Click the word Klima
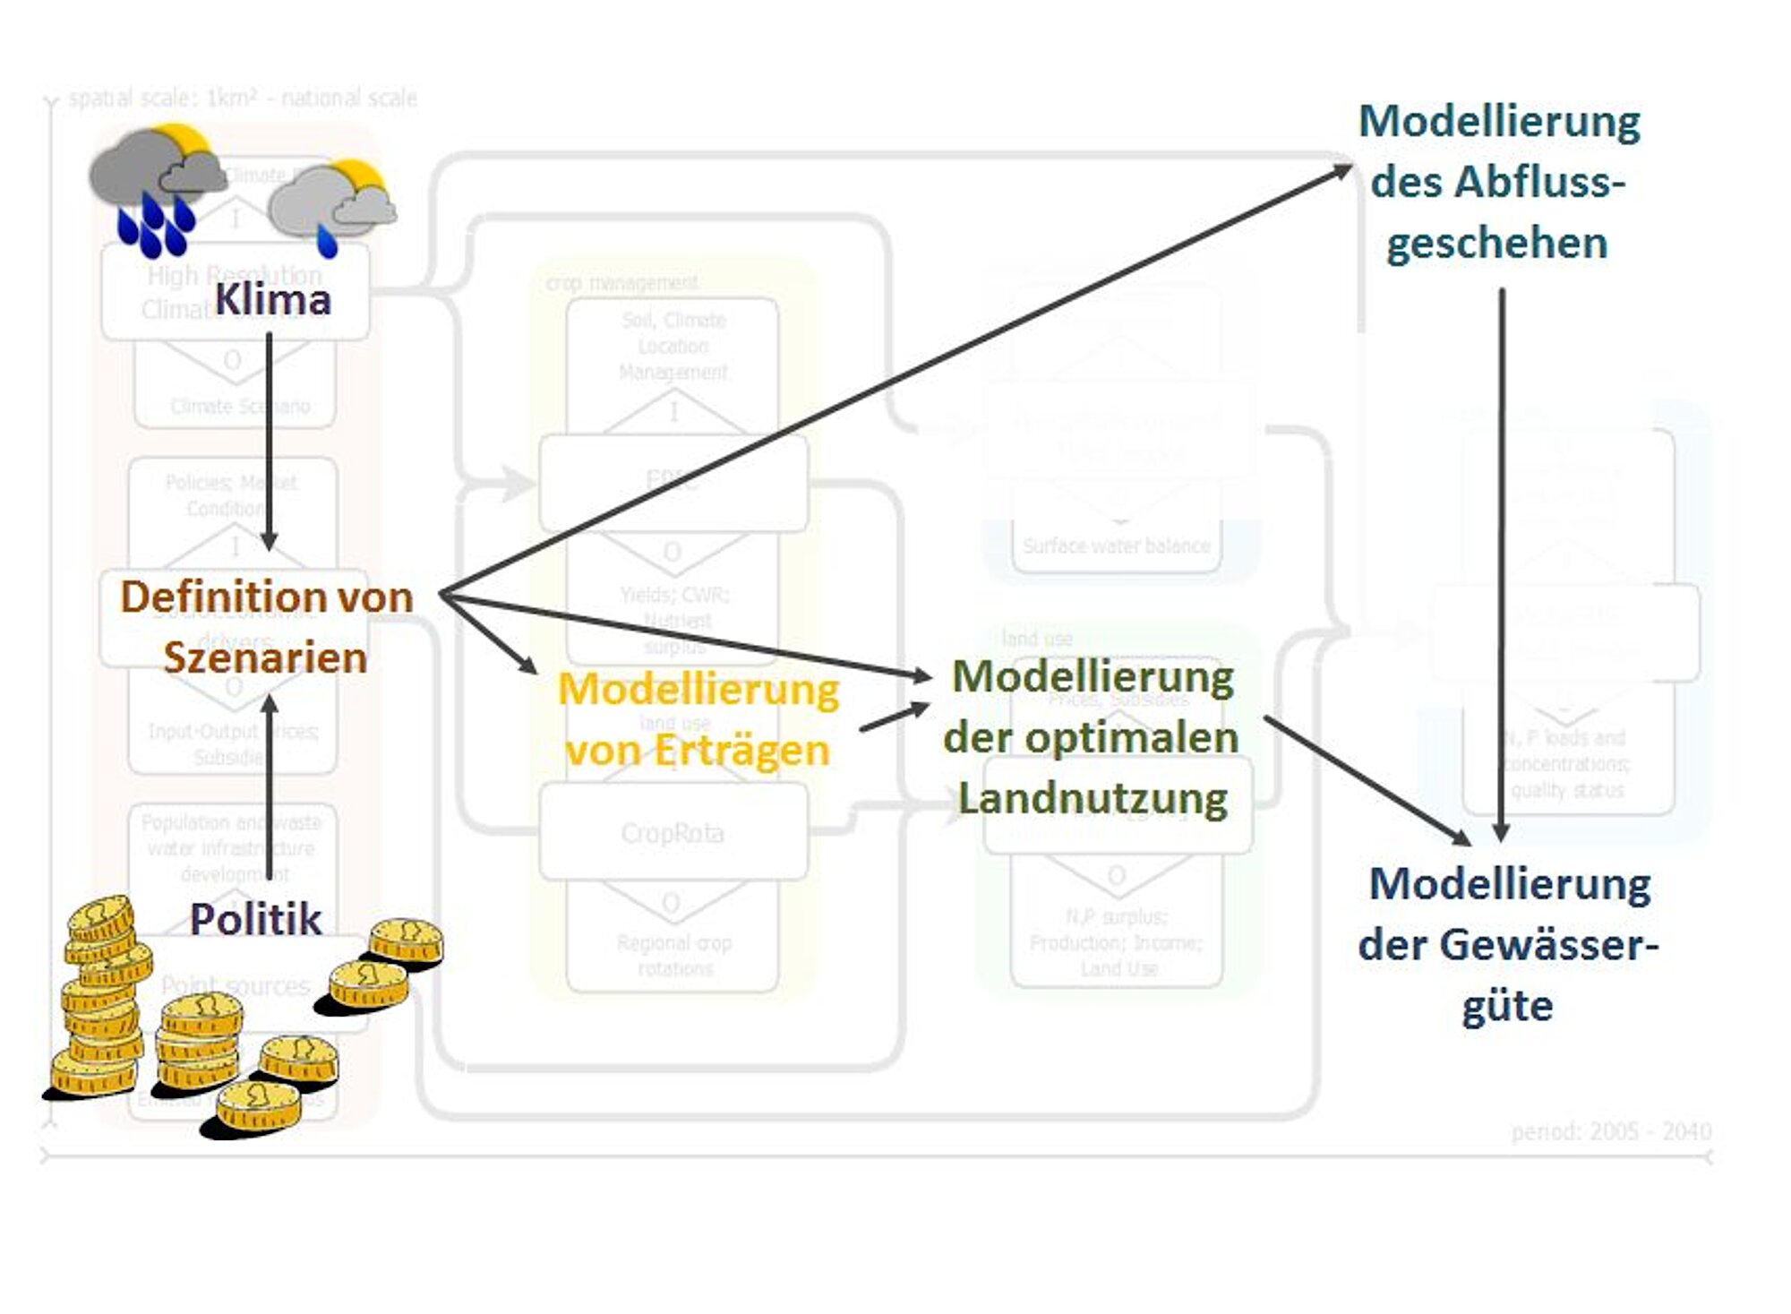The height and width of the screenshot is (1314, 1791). [x=272, y=299]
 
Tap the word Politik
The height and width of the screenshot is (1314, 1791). [x=255, y=919]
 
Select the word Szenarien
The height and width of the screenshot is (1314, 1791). [x=265, y=657]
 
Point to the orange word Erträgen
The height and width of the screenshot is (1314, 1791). [x=741, y=751]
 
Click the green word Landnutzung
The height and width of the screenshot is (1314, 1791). [x=1093, y=798]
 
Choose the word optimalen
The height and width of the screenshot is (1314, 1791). [x=1131, y=738]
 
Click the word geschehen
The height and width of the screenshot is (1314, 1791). [x=1496, y=243]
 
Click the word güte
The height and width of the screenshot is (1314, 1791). [x=1507, y=1006]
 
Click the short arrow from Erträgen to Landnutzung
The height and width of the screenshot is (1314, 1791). [x=894, y=718]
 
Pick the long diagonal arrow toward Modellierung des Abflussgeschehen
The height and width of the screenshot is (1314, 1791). [x=895, y=382]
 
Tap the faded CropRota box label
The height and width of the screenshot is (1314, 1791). [x=673, y=833]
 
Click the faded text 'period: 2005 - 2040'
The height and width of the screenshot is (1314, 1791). [x=1611, y=1132]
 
